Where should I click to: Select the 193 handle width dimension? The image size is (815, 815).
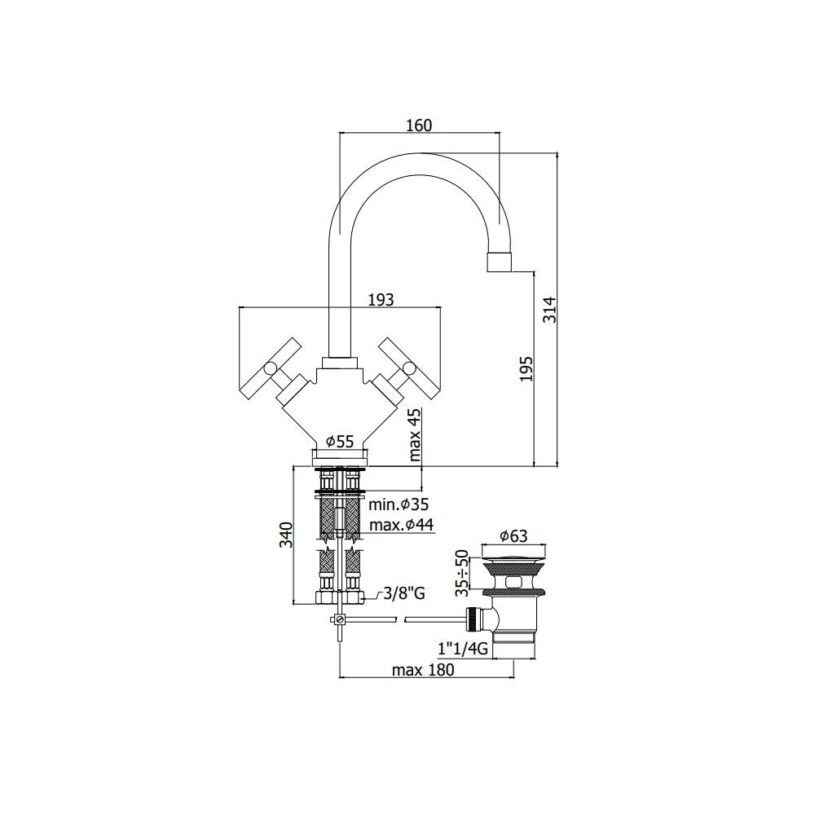tap(381, 299)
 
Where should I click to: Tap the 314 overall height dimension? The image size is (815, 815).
tap(550, 310)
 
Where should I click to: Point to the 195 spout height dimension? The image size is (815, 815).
tap(526, 368)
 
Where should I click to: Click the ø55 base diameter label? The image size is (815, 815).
tap(340, 441)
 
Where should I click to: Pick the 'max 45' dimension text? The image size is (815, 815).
tap(416, 435)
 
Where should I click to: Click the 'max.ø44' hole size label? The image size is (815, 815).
tap(400, 524)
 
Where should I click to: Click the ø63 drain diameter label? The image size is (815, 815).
tap(513, 535)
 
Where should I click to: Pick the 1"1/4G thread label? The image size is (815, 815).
tap(462, 650)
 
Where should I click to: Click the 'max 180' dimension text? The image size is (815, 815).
tap(423, 670)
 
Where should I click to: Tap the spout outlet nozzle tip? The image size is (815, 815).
tap(500, 262)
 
